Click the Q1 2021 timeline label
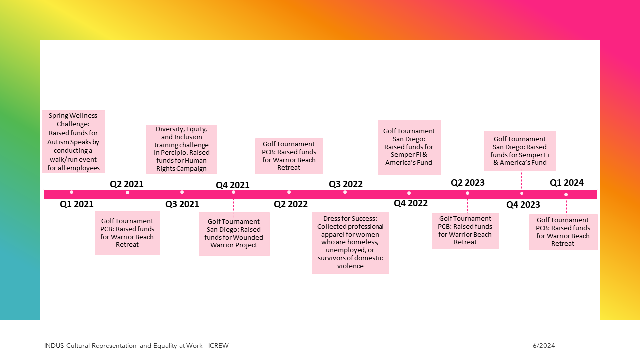click(77, 204)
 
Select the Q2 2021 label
click(127, 184)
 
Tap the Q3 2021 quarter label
click(182, 204)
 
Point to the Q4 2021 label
click(233, 185)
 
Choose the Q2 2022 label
click(291, 204)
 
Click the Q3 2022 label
click(346, 184)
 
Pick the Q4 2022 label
click(411, 203)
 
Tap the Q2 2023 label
click(468, 183)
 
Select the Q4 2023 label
click(523, 204)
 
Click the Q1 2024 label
click(567, 183)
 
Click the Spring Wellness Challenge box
click(73, 142)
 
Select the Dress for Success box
click(350, 243)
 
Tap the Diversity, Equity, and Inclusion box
click(182, 149)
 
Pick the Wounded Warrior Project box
click(234, 234)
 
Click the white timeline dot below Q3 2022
click(345, 192)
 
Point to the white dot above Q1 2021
click(72, 192)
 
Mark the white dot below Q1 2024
click(566, 195)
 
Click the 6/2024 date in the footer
click(544, 346)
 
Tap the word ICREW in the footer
click(218, 346)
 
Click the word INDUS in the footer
click(54, 346)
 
